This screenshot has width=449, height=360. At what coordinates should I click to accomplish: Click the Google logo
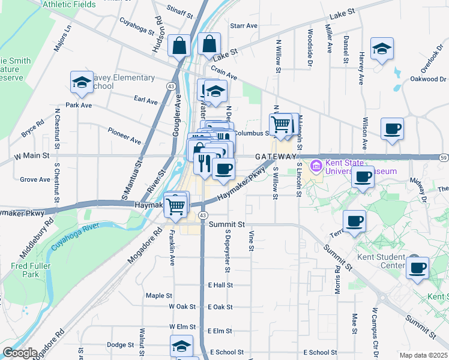19,353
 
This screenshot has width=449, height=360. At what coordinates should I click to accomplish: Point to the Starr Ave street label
243,26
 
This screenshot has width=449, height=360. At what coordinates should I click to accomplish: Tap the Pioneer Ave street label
124,136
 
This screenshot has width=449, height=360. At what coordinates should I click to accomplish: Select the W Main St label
31,156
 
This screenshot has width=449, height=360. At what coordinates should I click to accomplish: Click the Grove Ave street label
35,179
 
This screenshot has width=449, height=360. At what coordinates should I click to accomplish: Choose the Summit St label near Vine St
228,224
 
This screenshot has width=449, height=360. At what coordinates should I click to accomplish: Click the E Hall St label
220,284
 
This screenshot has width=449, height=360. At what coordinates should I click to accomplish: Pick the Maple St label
159,295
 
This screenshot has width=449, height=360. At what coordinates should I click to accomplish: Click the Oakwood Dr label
428,79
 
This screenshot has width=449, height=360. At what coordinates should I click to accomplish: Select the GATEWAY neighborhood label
276,156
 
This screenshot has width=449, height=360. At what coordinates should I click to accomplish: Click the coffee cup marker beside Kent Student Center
417,268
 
